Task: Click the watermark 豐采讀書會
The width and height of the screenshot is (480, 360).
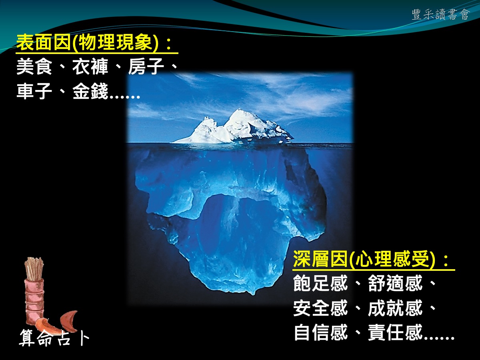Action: click(x=441, y=15)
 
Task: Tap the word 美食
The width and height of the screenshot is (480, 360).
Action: click(x=34, y=66)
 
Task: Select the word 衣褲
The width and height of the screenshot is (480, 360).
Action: click(x=90, y=66)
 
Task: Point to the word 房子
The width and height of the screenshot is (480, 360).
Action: click(x=146, y=66)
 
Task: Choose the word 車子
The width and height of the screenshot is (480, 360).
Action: click(x=34, y=91)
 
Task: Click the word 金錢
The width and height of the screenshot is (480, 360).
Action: click(x=90, y=91)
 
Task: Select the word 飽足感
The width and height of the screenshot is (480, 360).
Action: click(x=320, y=283)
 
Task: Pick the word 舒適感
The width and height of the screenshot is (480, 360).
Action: click(x=395, y=283)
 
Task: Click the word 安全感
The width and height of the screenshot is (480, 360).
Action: click(x=320, y=308)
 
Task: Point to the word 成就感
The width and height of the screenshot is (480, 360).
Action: click(x=395, y=308)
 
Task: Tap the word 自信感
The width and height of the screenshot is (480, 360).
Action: click(x=320, y=332)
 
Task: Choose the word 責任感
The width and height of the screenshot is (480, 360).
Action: click(x=395, y=332)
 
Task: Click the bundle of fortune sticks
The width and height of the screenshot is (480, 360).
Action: click(x=34, y=269)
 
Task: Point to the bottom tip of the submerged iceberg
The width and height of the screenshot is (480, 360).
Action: click(x=253, y=294)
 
